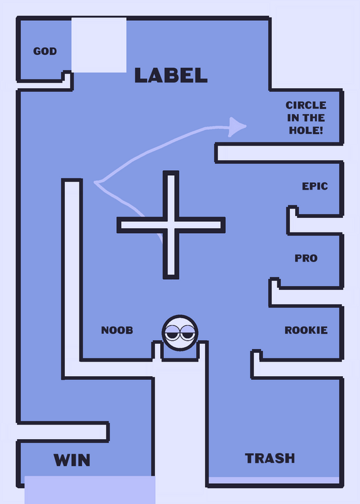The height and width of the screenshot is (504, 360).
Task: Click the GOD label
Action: pos(45,51)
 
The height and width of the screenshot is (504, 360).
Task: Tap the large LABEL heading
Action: pos(171,75)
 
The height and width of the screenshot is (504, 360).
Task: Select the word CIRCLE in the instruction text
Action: pos(306,105)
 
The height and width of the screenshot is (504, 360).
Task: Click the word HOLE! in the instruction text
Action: pos(306,130)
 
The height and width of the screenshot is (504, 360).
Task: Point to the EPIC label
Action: pos(315,186)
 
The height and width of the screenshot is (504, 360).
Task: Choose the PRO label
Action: pos(306,258)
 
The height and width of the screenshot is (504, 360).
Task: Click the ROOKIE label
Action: pos(306,330)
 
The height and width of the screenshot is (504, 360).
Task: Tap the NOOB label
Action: pos(117,330)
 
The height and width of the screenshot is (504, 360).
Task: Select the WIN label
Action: pos(72,460)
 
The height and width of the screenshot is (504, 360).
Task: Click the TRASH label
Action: pos(270,458)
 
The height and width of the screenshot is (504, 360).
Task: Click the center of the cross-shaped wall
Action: pos(171,225)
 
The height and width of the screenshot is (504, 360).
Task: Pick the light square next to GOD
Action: pos(99,45)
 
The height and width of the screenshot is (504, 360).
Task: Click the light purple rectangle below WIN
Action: pos(90,490)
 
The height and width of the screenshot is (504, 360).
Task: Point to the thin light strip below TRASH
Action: pos(274,480)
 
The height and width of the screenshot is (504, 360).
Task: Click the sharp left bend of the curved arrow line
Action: pos(95,182)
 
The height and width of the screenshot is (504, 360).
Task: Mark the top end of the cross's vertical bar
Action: pos(171,173)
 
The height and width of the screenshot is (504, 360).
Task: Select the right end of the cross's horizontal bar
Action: pos(223,225)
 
